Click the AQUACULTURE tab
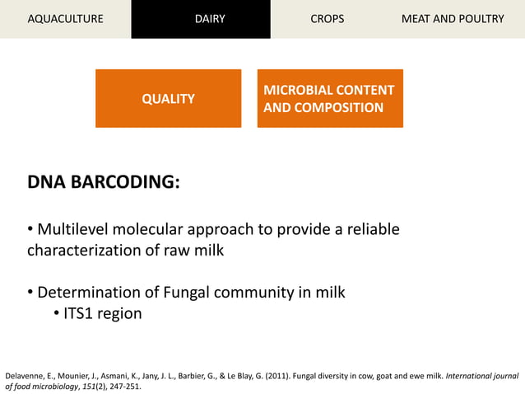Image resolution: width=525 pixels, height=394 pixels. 65,19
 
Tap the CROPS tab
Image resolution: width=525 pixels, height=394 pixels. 328,19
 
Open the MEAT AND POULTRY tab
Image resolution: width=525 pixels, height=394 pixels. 453,19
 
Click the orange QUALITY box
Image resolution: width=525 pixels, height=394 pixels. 168,99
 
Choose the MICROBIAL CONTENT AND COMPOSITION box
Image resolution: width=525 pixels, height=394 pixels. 330,99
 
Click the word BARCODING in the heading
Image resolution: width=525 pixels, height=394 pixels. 124,182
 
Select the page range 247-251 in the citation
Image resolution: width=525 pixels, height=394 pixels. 125,387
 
